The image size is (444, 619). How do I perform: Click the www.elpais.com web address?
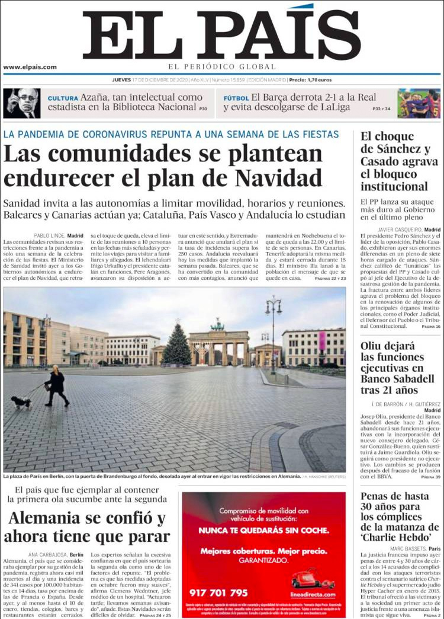(x=30, y=67)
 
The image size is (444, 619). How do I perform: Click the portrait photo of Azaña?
(x=22, y=103)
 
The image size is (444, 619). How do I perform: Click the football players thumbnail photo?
(x=419, y=103)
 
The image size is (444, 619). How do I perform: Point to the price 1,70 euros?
(x=318, y=79)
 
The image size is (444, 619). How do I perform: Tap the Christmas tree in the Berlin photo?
(x=177, y=344)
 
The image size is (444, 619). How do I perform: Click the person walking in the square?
(x=56, y=386)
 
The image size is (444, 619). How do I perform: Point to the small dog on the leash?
(x=21, y=401)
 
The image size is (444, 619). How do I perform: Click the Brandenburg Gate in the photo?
(x=218, y=344)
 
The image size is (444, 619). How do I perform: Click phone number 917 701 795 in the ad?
(x=218, y=592)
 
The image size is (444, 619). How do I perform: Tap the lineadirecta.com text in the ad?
(x=313, y=594)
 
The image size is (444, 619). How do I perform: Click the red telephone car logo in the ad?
(x=313, y=577)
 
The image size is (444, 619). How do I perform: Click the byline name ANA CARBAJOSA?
(x=47, y=554)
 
